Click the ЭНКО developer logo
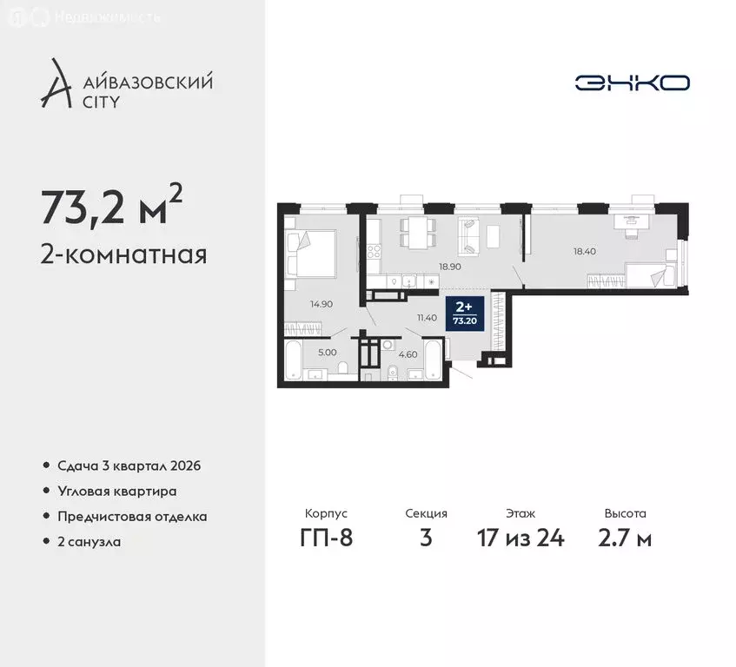pos(632,83)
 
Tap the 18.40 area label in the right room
pos(584,251)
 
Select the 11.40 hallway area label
pos(426,318)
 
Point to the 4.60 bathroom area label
pos(408,353)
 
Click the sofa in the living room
pos(472,236)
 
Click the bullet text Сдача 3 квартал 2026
pos(129,466)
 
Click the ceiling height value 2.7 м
pos(626,538)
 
